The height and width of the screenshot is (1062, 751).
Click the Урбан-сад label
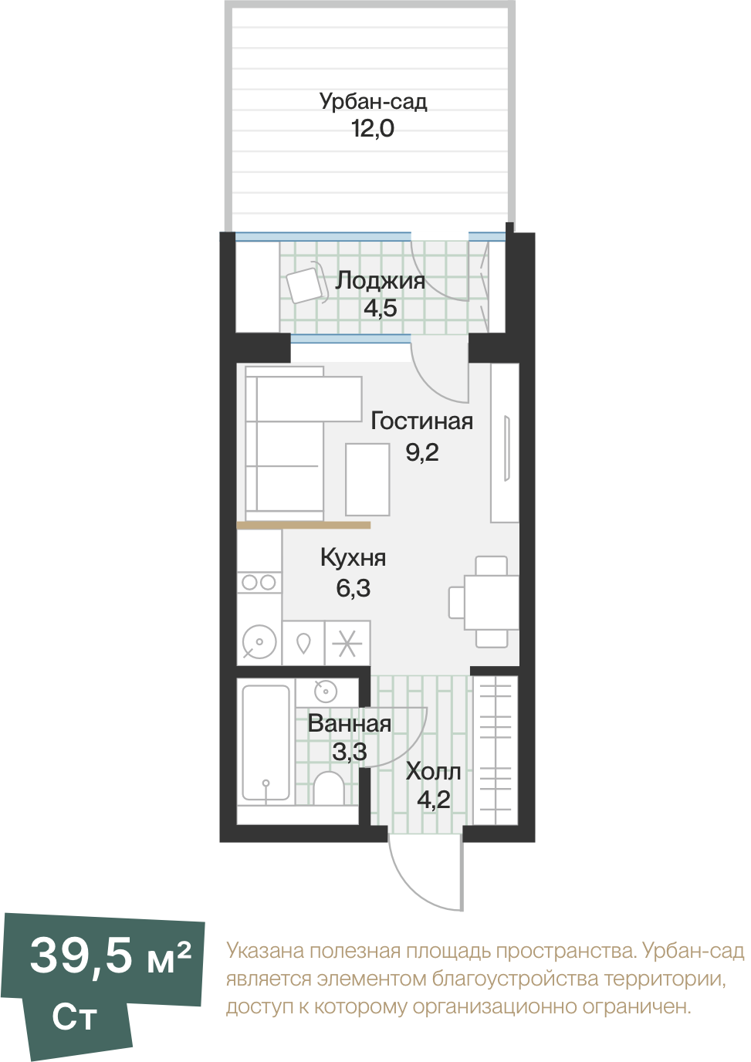pyautogui.click(x=373, y=102)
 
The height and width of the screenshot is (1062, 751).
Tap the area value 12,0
pyautogui.click(x=373, y=128)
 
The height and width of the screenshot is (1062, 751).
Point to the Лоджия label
pyautogui.click(x=381, y=282)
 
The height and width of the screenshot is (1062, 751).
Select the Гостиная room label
pyautogui.click(x=422, y=421)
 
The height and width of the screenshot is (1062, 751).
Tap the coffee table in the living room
pyautogui.click(x=367, y=479)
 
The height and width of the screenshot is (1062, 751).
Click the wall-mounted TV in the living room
pyautogui.click(x=506, y=448)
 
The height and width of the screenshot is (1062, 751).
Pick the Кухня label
pyautogui.click(x=354, y=557)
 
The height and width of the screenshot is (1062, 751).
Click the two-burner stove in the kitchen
pyautogui.click(x=259, y=582)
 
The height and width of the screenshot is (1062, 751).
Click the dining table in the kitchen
pyautogui.click(x=492, y=602)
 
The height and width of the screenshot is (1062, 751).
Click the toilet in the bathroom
pyautogui.click(x=329, y=788)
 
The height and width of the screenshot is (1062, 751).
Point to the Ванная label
pyautogui.click(x=350, y=724)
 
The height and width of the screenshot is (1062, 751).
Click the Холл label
pyautogui.click(x=433, y=772)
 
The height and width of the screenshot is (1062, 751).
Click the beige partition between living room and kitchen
pyautogui.click(x=303, y=525)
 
